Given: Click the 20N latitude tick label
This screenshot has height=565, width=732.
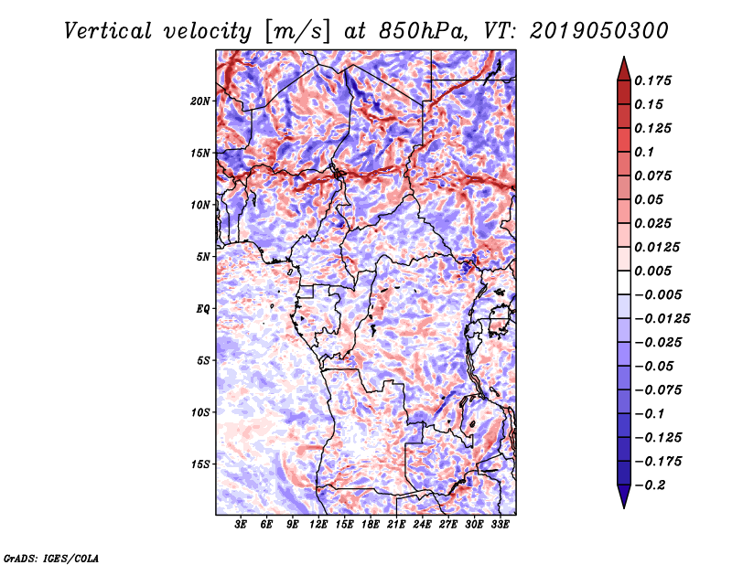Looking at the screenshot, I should (200, 101).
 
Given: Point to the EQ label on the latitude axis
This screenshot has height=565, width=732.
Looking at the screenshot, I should (203, 308).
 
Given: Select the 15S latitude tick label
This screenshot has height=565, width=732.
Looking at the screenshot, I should (200, 464).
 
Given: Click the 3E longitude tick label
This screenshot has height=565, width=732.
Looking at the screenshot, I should (242, 526).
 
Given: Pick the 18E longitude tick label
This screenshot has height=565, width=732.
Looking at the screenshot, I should (371, 526).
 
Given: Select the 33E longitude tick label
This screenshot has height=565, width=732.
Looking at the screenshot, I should (501, 526).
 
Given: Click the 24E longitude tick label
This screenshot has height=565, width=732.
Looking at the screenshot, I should (423, 526).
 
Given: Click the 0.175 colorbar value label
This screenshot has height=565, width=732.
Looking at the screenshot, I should (654, 80).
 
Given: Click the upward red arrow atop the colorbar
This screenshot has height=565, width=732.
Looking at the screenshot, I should (622, 66).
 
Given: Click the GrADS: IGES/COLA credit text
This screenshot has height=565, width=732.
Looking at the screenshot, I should (51, 557).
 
